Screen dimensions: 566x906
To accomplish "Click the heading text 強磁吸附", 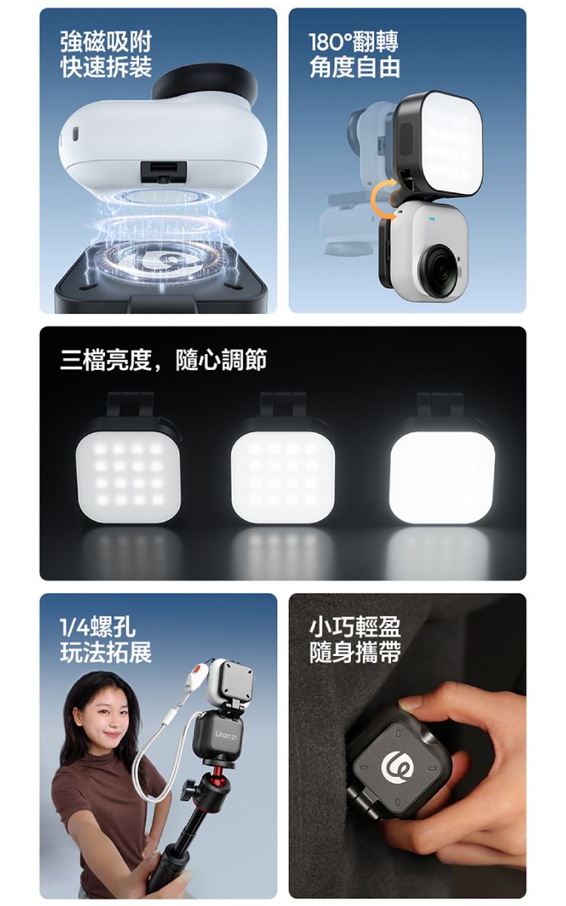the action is (x=106, y=42).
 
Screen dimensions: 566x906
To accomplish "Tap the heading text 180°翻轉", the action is (x=354, y=42).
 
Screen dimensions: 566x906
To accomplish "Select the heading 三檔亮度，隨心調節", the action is (x=163, y=359).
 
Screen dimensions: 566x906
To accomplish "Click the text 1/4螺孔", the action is (x=98, y=627).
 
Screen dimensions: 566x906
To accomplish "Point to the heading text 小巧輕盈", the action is (x=355, y=627).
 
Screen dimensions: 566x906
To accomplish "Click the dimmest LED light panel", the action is (x=128, y=473).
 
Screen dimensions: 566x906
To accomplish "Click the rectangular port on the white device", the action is (x=163, y=172).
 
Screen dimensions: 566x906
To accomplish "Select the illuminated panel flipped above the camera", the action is (x=439, y=143).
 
